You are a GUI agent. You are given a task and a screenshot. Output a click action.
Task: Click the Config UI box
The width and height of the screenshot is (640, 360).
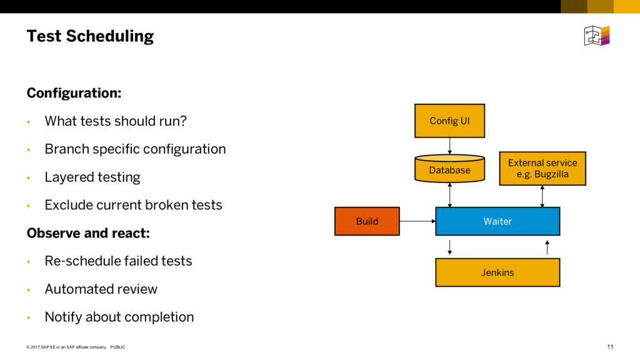pyautogui.click(x=449, y=121)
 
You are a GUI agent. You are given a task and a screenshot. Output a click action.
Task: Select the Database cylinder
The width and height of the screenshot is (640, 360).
pyautogui.click(x=449, y=168)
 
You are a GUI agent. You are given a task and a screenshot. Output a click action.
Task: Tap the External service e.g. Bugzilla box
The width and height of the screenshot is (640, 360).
pyautogui.click(x=542, y=169)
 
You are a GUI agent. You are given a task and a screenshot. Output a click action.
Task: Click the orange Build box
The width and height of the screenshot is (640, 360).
pyautogui.click(x=367, y=221)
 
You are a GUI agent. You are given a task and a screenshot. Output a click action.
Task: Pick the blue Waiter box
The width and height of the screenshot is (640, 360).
pyautogui.click(x=497, y=221)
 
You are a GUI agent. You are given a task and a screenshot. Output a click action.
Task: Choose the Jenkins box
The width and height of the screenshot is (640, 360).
pyautogui.click(x=497, y=272)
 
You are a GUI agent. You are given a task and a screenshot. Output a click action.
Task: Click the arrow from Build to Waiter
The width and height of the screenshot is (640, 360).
pyautogui.click(x=417, y=221)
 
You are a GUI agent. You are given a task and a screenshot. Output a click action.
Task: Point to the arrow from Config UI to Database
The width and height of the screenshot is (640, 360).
pyautogui.click(x=450, y=146)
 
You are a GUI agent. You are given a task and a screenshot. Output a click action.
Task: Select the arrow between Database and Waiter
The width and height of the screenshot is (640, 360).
pyautogui.click(x=450, y=195)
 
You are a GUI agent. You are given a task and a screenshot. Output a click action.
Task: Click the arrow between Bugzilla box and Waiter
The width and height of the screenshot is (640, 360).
pyautogui.click(x=542, y=196)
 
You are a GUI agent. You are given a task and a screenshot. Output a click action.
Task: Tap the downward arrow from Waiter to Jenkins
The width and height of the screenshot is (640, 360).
pyautogui.click(x=450, y=247)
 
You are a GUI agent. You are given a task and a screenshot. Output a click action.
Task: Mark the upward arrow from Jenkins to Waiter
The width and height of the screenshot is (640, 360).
pyautogui.click(x=547, y=247)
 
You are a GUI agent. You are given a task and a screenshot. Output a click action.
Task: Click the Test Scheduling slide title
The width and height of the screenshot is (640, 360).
pyautogui.click(x=90, y=36)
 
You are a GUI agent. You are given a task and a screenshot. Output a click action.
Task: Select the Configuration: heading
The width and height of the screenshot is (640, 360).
pyautogui.click(x=74, y=93)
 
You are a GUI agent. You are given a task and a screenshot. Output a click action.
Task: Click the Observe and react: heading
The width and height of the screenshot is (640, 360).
pyautogui.click(x=88, y=233)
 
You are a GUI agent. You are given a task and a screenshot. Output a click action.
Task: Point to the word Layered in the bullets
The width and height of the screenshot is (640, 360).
pyautogui.click(x=69, y=177)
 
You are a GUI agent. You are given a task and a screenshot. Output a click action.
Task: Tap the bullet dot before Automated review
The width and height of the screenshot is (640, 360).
pyautogui.click(x=29, y=290)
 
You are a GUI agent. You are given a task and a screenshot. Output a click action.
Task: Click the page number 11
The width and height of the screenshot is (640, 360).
pyautogui.click(x=610, y=347)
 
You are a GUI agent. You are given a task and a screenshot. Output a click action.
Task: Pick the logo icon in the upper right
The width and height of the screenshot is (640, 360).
pyautogui.click(x=597, y=36)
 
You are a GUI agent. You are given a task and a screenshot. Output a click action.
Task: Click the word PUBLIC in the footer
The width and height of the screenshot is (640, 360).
pyautogui.click(x=117, y=347)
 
